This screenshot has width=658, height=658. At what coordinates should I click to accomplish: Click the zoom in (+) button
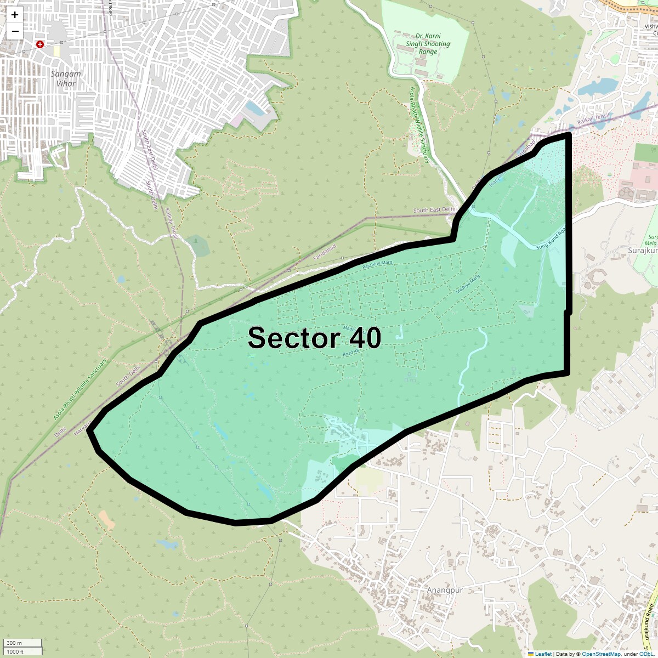coord(15,15)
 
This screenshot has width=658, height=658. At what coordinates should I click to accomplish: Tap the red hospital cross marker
coord(40,44)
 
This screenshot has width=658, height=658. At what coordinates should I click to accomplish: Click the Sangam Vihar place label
coord(66,78)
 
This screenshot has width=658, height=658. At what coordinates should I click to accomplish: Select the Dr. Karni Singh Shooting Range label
coord(428,44)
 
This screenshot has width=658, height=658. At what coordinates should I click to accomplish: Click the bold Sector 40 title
coord(314,338)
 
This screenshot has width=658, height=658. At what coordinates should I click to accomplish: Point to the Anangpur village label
coord(445,590)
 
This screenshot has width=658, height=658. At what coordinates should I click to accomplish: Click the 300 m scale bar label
coord(15,643)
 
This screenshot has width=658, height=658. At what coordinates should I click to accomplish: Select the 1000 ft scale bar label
coord(15,651)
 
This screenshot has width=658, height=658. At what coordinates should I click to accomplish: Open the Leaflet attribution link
coord(543,654)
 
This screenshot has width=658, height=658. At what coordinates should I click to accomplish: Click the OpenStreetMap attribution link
coord(601,654)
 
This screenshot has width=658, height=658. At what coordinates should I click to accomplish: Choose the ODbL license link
coord(645,654)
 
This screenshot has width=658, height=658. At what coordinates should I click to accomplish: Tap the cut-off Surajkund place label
coord(643,251)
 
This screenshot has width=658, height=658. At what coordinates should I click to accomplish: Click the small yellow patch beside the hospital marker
coord(56,51)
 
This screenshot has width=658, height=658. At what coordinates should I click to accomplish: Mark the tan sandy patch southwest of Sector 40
coord(106,519)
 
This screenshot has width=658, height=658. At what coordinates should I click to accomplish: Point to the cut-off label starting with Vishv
coord(651,26)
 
